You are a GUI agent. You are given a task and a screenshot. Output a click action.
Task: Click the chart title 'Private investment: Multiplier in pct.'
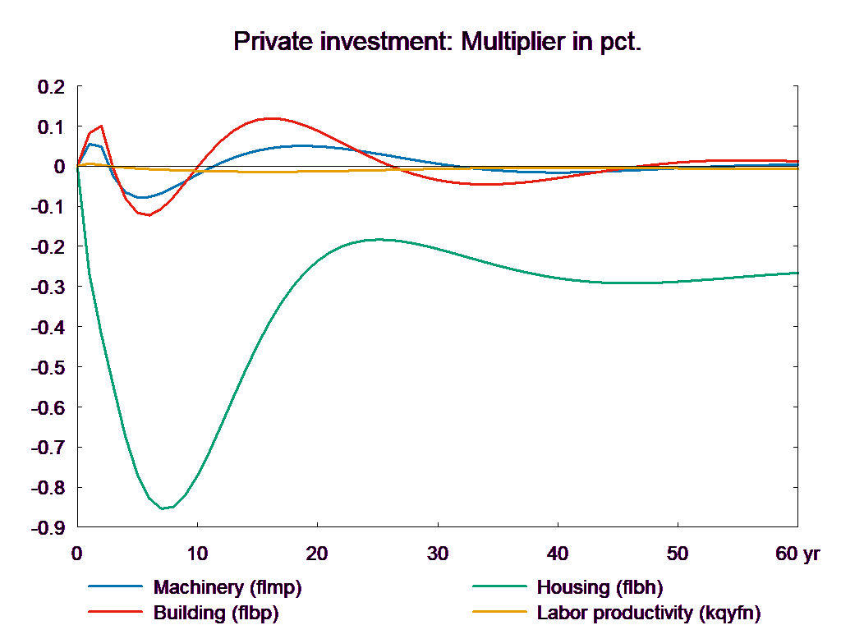(437, 41)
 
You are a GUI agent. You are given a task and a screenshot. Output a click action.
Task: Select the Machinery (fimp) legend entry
(227, 587)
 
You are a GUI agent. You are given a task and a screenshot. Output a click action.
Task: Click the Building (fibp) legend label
(215, 613)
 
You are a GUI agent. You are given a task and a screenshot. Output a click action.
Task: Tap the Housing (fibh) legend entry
(599, 587)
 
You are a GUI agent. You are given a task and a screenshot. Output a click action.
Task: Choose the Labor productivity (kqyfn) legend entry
(648, 613)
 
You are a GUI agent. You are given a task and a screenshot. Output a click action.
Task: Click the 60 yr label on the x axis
(797, 554)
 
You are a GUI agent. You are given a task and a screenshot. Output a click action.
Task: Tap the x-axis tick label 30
(438, 554)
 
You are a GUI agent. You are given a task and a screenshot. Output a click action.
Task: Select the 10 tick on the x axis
(197, 554)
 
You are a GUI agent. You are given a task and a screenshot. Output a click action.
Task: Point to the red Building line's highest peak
(269, 118)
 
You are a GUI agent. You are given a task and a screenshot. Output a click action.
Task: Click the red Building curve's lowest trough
(148, 215)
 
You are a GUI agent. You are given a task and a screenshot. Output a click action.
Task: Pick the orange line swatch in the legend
(499, 613)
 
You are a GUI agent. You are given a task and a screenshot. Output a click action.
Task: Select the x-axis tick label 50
(678, 554)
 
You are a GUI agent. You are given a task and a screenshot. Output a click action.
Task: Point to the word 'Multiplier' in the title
(510, 41)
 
